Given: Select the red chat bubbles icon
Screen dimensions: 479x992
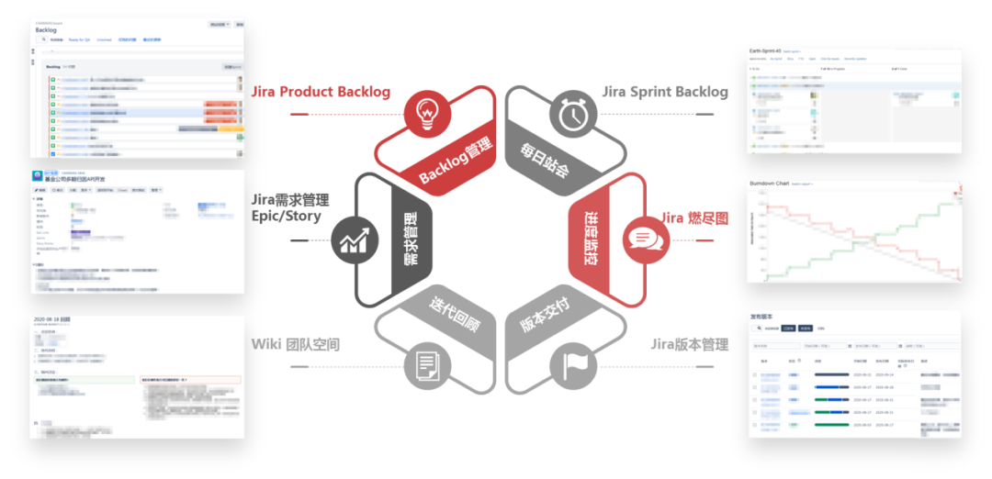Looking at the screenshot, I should tap(640, 239).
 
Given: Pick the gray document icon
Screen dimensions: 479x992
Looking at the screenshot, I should tap(425, 366).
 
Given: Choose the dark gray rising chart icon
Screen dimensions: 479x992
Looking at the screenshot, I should tap(353, 240).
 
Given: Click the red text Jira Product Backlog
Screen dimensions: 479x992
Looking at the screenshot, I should tap(321, 92).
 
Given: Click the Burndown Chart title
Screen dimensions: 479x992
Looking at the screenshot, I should tap(770, 184).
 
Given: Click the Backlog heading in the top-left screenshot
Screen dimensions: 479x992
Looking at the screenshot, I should tap(46, 30).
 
